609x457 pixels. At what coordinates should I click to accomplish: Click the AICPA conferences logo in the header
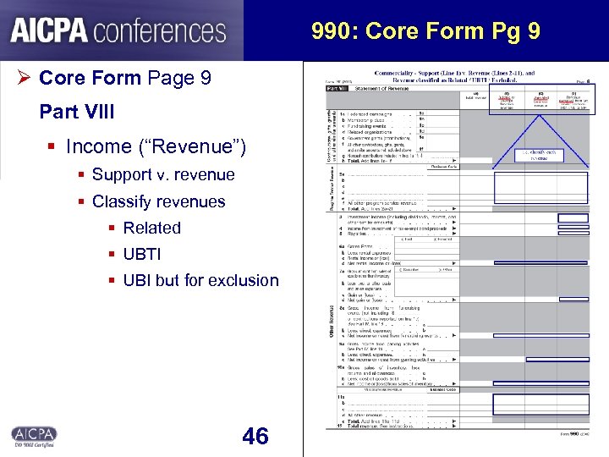(118, 31)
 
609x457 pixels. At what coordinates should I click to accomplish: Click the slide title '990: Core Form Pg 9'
(425, 32)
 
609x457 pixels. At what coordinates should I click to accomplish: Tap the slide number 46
(255, 436)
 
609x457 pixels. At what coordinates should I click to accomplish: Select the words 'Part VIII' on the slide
(77, 112)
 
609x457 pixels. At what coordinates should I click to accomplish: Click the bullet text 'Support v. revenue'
(151, 174)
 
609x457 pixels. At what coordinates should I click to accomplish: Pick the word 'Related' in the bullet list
(152, 228)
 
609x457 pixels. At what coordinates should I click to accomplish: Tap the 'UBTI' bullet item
(142, 254)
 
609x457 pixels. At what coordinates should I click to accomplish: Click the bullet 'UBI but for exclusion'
(200, 280)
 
